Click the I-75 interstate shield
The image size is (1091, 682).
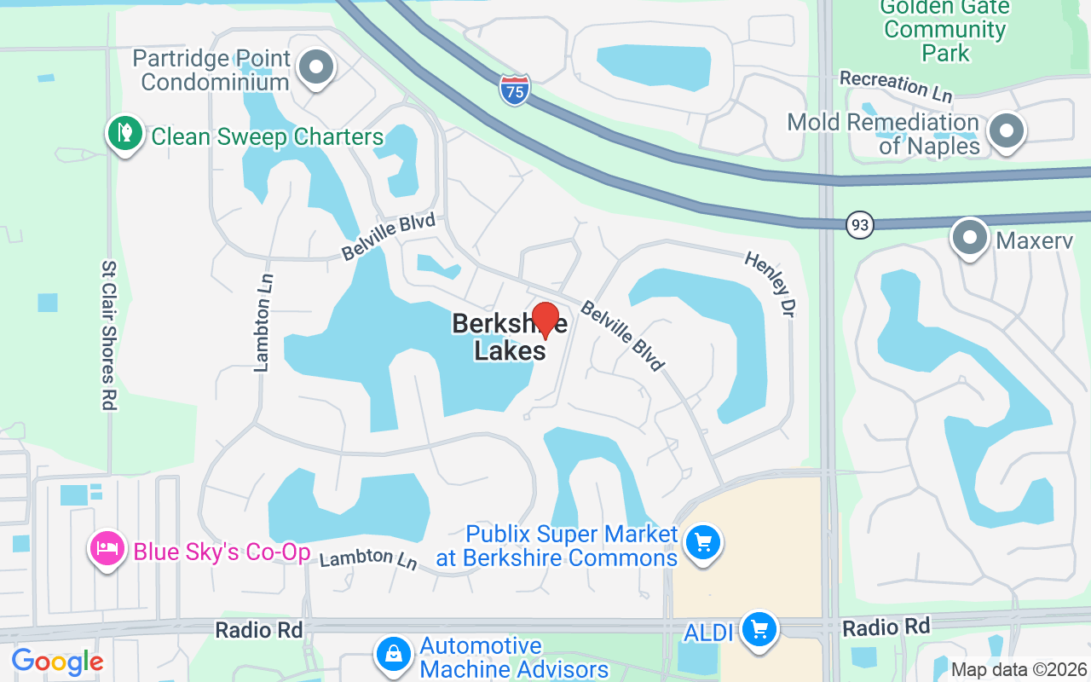tap(514, 89)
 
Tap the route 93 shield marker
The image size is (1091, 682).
tap(861, 226)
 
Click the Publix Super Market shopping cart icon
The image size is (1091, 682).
tap(702, 542)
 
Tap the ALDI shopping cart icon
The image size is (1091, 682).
tap(759, 631)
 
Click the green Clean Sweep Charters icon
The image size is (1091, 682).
tap(125, 135)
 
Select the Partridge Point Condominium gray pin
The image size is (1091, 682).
tap(317, 67)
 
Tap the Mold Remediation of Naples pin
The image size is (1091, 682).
tap(1007, 131)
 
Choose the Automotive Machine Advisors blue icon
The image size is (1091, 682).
tap(393, 655)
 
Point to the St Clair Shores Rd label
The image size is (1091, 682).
tap(108, 335)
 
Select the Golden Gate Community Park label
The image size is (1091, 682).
tap(944, 30)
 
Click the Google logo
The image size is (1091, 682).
tap(57, 662)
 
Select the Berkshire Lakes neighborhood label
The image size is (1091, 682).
tap(499, 338)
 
